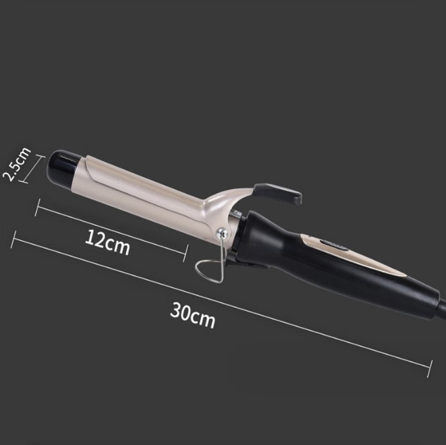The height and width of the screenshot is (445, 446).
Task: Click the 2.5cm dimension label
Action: [x=16, y=164]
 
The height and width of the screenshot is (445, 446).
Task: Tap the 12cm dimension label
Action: [x=108, y=243]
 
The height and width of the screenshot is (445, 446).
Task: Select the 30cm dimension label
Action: [x=192, y=315]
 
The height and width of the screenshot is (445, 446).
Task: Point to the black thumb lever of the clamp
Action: [x=277, y=193]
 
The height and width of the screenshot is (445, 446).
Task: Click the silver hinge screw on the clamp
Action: [x=222, y=234]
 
